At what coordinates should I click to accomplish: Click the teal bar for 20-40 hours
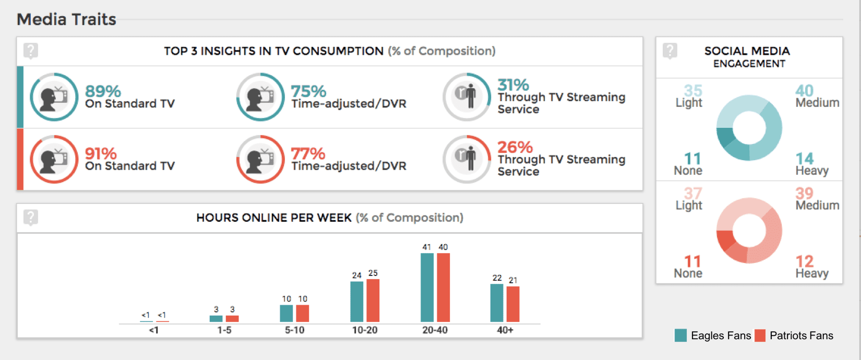(427, 287)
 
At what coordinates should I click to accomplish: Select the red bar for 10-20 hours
(373, 301)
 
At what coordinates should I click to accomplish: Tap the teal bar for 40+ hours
(497, 303)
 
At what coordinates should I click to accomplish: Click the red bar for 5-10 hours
(303, 313)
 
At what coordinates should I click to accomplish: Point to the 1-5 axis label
(224, 330)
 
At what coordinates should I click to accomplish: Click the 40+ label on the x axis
(505, 330)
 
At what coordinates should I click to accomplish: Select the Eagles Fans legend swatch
(680, 335)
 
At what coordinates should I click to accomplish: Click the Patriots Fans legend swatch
(760, 335)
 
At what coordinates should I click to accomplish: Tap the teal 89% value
(103, 91)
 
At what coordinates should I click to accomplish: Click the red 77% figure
(308, 154)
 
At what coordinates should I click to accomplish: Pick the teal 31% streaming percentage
(513, 85)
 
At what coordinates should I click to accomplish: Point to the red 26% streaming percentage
(515, 147)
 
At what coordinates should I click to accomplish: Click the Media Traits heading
(66, 19)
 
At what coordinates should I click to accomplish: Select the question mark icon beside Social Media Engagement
(670, 51)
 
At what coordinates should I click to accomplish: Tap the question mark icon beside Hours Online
(31, 217)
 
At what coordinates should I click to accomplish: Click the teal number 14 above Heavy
(804, 158)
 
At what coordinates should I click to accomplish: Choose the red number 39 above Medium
(804, 193)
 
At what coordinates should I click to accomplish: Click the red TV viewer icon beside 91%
(54, 159)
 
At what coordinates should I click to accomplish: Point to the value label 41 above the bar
(427, 247)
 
